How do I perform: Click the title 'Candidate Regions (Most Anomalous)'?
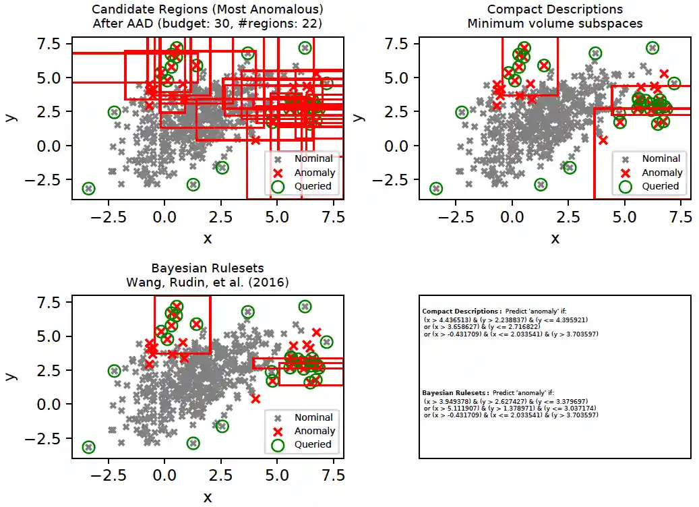pos(207,9)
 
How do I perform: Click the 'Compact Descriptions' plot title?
pos(555,9)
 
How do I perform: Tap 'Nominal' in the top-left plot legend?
pos(318,158)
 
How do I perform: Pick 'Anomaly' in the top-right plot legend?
pos(661,173)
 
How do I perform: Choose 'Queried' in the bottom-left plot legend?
pos(313,444)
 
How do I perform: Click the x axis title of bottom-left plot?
pos(207,498)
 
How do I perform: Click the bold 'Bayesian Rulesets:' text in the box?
pos(456,392)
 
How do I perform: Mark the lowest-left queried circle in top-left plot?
pos(88,189)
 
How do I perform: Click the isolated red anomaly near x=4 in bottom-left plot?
pos(255,398)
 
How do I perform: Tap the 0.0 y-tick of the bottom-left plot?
pos(53,405)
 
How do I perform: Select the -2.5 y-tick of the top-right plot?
pos(398,179)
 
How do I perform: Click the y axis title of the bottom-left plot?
pos(10,374)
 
